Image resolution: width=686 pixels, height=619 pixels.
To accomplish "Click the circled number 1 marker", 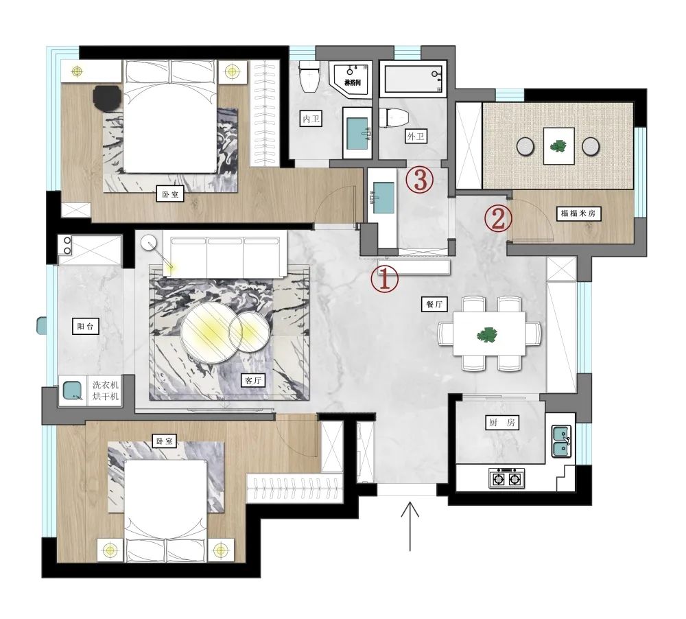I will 385,279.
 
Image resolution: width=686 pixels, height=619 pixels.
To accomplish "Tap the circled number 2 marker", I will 499,218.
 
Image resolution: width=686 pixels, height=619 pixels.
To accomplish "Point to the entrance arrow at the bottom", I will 410,525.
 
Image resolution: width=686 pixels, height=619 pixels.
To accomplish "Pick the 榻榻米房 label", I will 580,214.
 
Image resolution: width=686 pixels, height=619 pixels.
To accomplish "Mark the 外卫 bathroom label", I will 416,137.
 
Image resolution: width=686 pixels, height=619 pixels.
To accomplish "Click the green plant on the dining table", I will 488,336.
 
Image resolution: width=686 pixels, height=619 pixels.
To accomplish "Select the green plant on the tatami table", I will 558,145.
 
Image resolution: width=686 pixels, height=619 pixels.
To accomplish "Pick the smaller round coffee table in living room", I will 248,331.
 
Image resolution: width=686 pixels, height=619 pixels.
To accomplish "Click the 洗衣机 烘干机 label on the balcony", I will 106,391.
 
